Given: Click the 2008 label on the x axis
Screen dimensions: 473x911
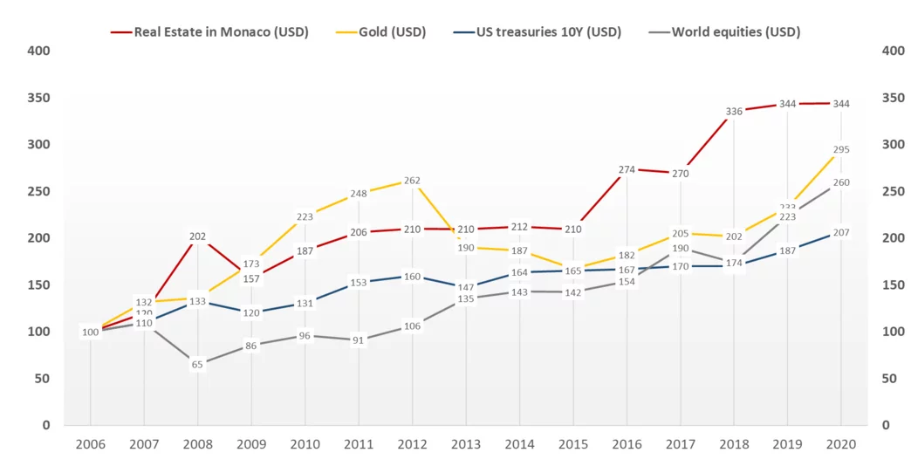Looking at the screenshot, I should [x=197, y=444].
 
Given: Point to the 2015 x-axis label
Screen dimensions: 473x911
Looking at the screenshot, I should [x=572, y=444].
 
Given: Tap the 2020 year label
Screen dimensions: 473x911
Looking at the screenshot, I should [x=840, y=444].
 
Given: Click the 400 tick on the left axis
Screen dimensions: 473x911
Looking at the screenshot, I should [x=38, y=51].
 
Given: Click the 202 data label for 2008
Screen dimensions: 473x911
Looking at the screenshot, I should [x=197, y=236].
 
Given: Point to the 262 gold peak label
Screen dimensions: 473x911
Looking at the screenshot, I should [x=412, y=181].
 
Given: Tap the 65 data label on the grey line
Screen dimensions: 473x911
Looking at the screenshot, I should [x=197, y=365].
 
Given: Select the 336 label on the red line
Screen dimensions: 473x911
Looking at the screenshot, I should [x=734, y=111].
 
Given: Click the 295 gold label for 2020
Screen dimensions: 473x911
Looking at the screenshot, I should [x=840, y=150].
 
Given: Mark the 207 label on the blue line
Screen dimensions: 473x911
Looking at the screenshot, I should [x=840, y=232].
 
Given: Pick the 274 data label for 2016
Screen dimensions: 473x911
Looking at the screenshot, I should [x=627, y=169].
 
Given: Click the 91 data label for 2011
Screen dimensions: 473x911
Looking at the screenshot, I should [x=359, y=340].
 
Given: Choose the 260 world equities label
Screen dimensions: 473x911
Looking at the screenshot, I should [x=840, y=182].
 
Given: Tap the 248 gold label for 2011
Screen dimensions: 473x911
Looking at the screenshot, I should [x=359, y=194].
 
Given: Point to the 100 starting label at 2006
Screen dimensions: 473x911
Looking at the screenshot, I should [x=91, y=332].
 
